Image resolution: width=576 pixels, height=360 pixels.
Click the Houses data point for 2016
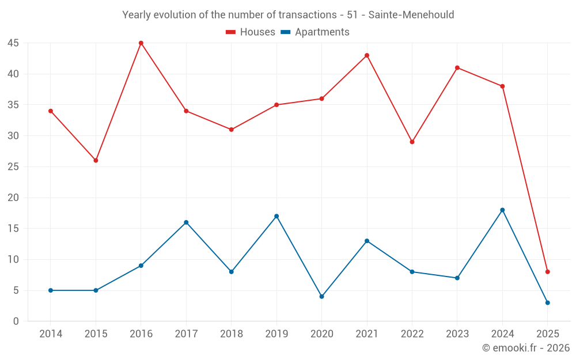coord(141,43)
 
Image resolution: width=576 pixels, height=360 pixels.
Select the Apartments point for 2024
coord(502,210)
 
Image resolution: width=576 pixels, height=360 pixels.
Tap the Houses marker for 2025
coord(548,272)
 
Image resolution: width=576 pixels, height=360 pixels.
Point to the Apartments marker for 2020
coord(321,297)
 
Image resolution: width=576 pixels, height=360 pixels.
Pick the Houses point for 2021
coord(367,55)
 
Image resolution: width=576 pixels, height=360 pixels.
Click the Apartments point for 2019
coord(276,217)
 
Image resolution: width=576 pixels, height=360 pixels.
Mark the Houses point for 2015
coord(96,161)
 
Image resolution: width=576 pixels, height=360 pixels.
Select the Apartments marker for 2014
coord(51,290)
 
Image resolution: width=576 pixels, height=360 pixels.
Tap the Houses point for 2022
coord(412,142)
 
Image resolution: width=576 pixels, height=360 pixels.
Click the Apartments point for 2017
coord(186,222)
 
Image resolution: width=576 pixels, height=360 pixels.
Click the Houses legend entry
coord(251,32)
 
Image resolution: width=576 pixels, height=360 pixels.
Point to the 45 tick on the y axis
coord(13,43)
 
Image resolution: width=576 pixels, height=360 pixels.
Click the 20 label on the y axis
coord(13,198)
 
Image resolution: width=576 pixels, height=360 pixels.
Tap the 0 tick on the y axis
coord(16,321)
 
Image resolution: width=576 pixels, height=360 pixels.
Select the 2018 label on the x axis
coord(231,334)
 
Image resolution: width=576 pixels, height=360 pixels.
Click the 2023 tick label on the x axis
coord(457,334)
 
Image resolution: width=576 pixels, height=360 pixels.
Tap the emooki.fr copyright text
coord(525,348)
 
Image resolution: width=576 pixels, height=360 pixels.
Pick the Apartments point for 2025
coord(548,303)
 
